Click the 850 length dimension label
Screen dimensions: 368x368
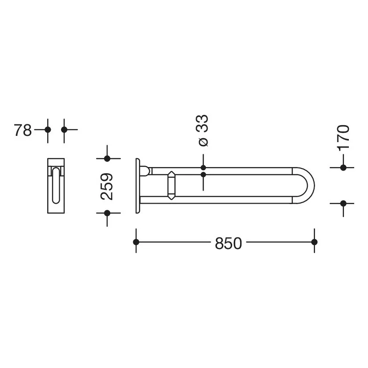[x=229, y=243]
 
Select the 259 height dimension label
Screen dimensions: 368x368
[x=107, y=187]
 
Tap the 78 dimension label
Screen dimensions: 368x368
[x=23, y=130]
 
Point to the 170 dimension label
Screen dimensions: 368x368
[x=343, y=138]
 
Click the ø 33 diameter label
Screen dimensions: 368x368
[x=203, y=131]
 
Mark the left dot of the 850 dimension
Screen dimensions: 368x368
[x=136, y=242]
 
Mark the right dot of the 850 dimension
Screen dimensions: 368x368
[x=314, y=242]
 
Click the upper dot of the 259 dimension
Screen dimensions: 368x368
[x=107, y=159]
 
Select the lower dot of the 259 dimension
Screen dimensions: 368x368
[x=107, y=213]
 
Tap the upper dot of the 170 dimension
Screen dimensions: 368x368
[x=343, y=168]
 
